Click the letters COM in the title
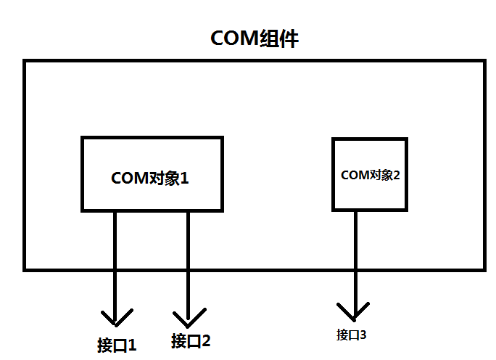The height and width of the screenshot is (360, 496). click(x=233, y=38)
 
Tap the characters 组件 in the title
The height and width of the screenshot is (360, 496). click(x=278, y=38)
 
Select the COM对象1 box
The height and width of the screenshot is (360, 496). click(x=151, y=174)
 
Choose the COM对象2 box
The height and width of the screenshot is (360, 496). click(x=369, y=174)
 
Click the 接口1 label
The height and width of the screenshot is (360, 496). click(x=117, y=344)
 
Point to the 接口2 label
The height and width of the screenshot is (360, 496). click(x=191, y=340)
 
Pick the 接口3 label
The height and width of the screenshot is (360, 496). click(x=352, y=335)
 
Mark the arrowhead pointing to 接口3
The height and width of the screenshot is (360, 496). click(x=355, y=314)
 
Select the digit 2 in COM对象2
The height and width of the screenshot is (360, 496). click(x=397, y=175)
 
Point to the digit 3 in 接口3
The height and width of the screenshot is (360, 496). click(x=363, y=335)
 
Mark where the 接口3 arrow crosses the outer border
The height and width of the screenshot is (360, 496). click(x=355, y=269)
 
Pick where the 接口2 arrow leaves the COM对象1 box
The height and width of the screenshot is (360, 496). click(x=189, y=211)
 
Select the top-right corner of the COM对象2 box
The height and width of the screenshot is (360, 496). click(x=405, y=137)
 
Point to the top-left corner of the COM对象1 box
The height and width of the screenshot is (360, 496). click(x=82, y=137)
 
